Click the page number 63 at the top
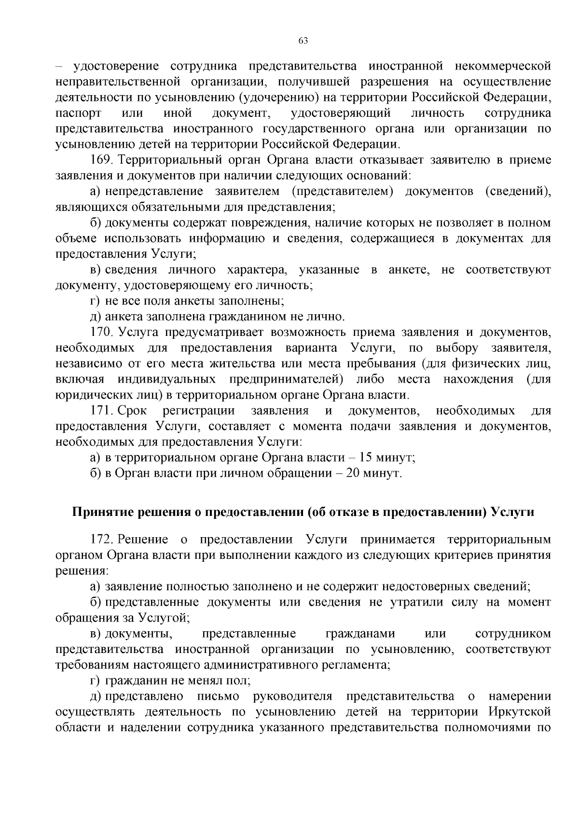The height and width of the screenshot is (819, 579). click(303, 41)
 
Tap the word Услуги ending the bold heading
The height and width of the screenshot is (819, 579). click(512, 512)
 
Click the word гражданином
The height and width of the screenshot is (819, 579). click(246, 317)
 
